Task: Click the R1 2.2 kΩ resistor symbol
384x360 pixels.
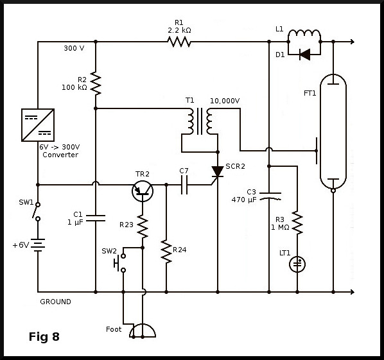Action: click(179, 42)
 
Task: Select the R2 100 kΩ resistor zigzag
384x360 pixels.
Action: click(96, 83)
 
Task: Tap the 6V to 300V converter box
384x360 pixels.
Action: click(38, 125)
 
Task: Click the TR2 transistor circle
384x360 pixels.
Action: click(143, 191)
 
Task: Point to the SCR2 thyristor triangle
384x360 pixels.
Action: click(218, 171)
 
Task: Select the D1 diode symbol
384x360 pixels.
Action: click(305, 55)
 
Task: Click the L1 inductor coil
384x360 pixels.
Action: click(304, 35)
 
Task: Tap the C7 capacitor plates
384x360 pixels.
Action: click(184, 185)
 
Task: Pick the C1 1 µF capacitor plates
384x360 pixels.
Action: click(96, 218)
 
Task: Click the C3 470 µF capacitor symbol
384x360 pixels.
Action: click(270, 196)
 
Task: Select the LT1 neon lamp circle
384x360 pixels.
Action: click(297, 264)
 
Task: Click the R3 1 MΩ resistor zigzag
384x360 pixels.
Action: click(297, 223)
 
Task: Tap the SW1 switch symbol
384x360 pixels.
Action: click(37, 212)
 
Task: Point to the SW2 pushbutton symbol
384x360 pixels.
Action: click(120, 263)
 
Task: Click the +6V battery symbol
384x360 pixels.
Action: click(38, 245)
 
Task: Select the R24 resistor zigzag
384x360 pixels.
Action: click(166, 252)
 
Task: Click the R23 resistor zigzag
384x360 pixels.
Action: click(143, 227)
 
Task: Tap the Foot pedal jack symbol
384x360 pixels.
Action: click(143, 331)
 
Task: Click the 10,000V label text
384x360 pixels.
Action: click(225, 101)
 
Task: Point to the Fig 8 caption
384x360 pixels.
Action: click(44, 337)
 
